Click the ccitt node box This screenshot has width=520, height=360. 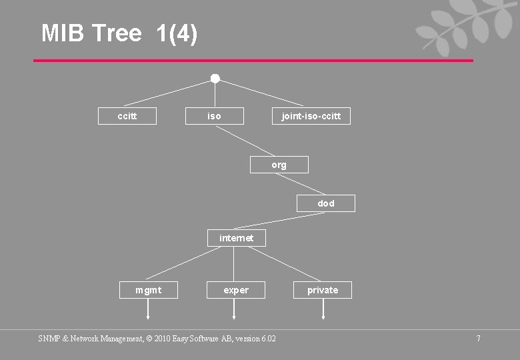(x=127, y=116)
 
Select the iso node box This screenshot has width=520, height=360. (x=214, y=116)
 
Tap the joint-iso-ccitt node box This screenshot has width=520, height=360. (x=311, y=116)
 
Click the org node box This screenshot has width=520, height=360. (x=279, y=165)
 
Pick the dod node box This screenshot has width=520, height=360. (x=325, y=203)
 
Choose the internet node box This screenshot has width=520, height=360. (x=236, y=238)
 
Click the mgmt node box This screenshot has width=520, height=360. (x=148, y=290)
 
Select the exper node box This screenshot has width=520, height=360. (x=236, y=290)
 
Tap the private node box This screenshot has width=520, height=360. (x=323, y=290)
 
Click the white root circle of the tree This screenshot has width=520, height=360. (x=215, y=79)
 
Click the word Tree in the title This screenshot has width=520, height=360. (x=117, y=33)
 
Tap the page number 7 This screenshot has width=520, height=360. (x=478, y=339)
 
